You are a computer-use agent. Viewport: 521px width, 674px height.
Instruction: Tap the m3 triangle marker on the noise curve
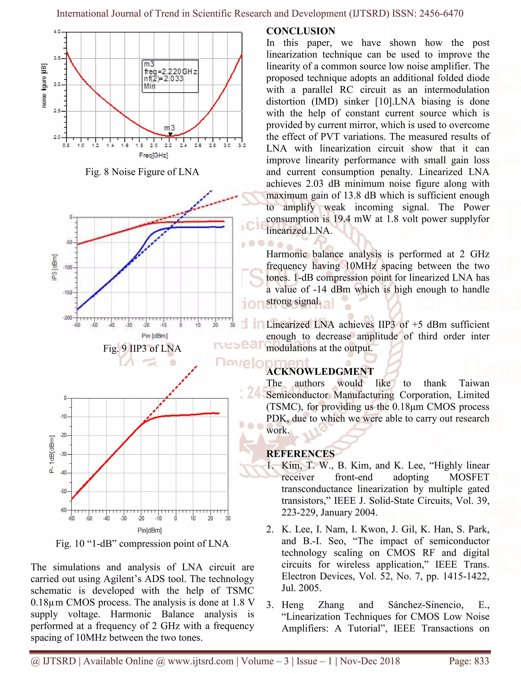click(x=170, y=134)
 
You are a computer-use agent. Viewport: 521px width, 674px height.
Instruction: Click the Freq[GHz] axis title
click(x=153, y=155)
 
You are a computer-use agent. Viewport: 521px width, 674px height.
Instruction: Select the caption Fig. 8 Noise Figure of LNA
click(x=142, y=172)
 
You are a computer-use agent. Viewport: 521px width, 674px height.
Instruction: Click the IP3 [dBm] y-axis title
click(x=55, y=267)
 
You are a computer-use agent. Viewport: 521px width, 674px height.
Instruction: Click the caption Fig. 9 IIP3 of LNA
click(x=142, y=348)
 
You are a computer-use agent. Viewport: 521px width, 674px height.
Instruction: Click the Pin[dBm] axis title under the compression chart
click(x=149, y=530)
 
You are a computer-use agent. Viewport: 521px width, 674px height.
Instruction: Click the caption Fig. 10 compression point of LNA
click(x=142, y=544)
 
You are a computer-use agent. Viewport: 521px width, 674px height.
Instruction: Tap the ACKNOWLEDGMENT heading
click(x=320, y=372)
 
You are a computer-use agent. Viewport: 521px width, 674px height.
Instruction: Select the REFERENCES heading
click(x=300, y=454)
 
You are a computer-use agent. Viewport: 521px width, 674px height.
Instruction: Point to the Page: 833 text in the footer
click(x=469, y=661)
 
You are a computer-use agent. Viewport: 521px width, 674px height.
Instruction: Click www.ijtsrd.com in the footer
click(x=201, y=661)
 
